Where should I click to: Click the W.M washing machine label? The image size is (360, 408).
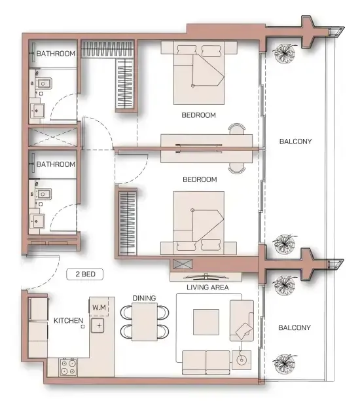pyautogui.click(x=99, y=307)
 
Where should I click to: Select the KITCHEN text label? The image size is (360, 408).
pyautogui.click(x=68, y=321)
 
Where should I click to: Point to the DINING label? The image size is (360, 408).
pyautogui.click(x=144, y=299)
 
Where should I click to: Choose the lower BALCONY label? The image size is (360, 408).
pyautogui.click(x=294, y=327)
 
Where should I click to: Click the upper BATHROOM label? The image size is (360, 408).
pyautogui.click(x=56, y=53)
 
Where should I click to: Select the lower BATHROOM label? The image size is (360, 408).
pyautogui.click(x=56, y=164)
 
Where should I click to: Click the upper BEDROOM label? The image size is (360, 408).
pyautogui.click(x=199, y=115)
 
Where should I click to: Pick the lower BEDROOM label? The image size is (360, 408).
pyautogui.click(x=200, y=179)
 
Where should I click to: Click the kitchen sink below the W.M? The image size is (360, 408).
pyautogui.click(x=99, y=325)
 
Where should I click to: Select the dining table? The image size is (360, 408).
pyautogui.click(x=145, y=322)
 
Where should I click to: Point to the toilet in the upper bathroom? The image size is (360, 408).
pyautogui.click(x=43, y=84)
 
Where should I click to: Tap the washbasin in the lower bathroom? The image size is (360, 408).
pyautogui.click(x=38, y=221)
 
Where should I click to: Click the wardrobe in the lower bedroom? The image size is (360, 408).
pyautogui.click(x=126, y=222)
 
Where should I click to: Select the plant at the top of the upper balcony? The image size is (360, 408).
pyautogui.click(x=286, y=52)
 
